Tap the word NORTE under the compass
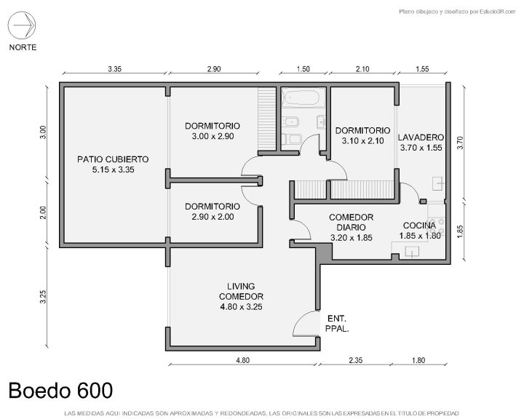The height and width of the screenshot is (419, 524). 23,47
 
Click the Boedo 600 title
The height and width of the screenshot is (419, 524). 60,390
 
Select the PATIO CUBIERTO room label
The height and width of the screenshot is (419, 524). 113,164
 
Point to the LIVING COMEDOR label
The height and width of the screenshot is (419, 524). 241,296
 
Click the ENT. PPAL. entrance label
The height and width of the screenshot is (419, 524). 337,324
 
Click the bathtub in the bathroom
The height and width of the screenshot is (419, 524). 303,97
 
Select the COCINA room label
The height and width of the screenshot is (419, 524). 420,231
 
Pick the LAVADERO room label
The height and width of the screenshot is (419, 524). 421,143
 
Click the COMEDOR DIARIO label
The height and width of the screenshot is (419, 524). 351,228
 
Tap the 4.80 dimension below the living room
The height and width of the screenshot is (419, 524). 242,360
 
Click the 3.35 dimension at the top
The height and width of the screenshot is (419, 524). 115,69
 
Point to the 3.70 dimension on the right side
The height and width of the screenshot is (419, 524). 460,143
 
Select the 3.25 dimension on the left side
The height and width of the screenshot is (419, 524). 43,297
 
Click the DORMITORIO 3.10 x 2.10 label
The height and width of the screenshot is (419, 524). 362,135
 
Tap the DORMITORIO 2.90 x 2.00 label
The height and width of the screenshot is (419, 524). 213,212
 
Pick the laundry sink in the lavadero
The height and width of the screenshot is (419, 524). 438,183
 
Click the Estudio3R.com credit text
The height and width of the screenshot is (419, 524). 457,12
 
